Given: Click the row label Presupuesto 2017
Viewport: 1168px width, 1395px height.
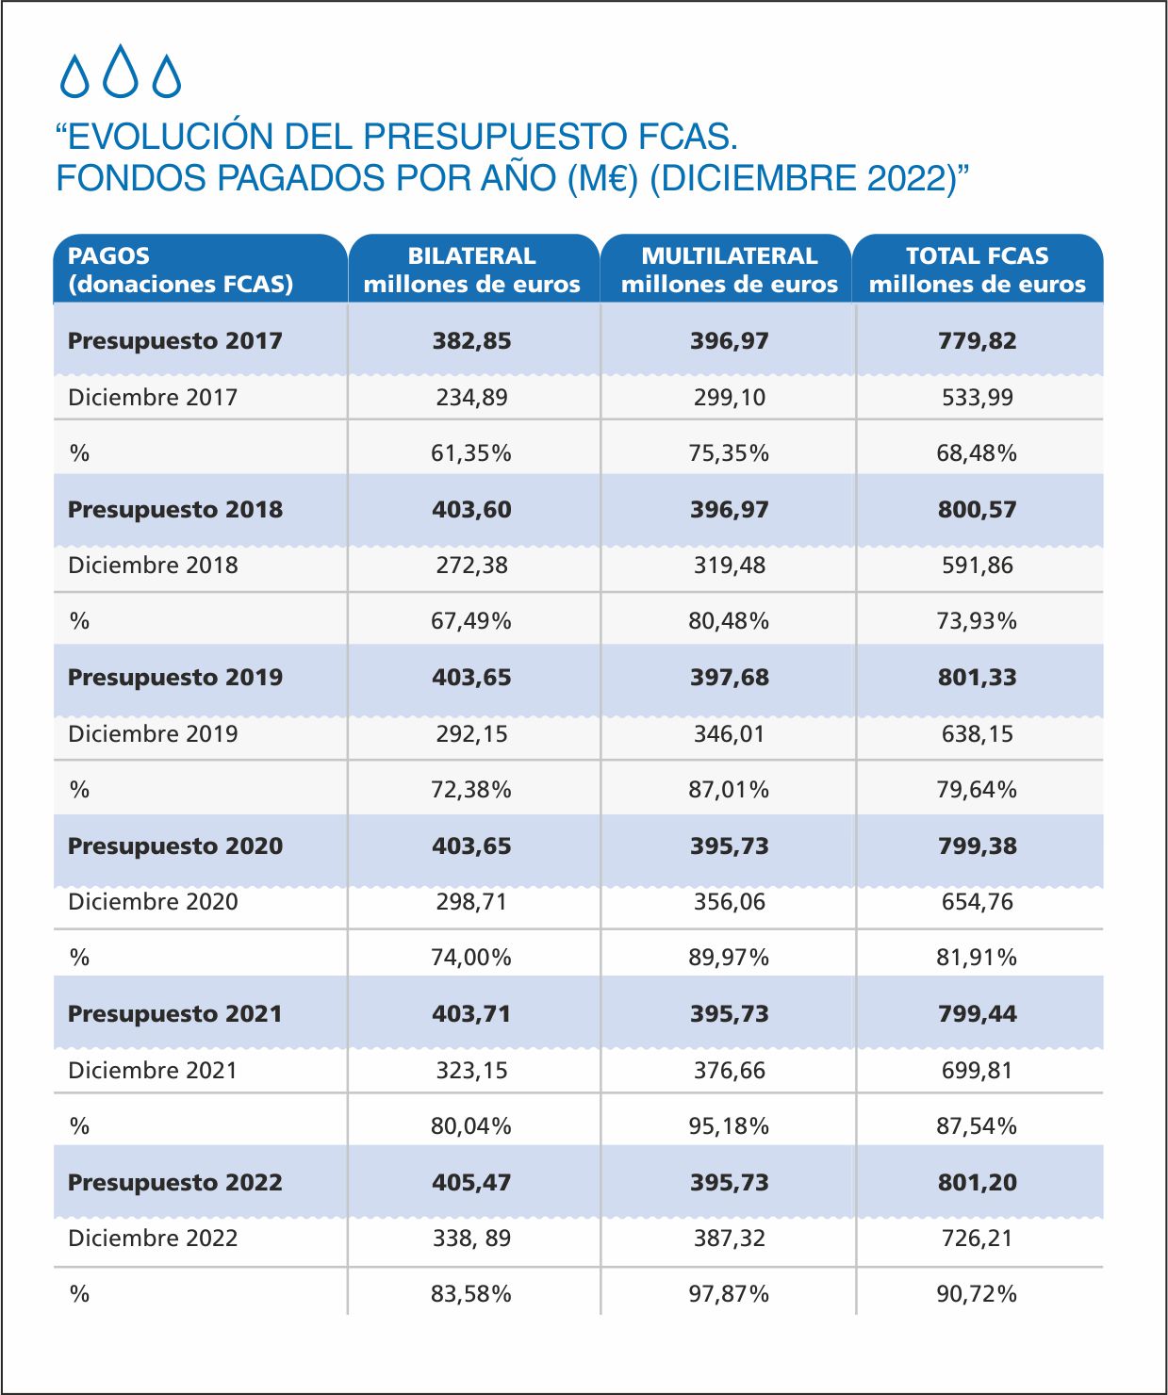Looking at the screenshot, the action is coord(175,340).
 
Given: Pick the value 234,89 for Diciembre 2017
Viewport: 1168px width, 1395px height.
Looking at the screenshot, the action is coord(471,398).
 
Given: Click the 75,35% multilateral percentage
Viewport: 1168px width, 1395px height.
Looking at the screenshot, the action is coord(729,453).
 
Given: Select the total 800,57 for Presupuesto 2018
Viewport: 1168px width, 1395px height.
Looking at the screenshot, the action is coord(977,509).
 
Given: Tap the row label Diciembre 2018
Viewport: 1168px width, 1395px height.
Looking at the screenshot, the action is coord(153,566).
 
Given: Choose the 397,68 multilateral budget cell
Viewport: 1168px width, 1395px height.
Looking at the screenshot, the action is coord(729,678).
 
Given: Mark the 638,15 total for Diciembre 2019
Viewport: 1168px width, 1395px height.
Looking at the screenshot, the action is coord(977,733).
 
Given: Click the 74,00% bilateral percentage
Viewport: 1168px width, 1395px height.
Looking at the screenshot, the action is coord(471,958).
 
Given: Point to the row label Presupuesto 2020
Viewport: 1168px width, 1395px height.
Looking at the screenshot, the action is coord(175,845).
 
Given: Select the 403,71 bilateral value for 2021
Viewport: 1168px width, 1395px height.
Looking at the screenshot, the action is coord(471,1013).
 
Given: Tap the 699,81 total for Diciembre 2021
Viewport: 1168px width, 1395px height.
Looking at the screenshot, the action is coord(977,1071).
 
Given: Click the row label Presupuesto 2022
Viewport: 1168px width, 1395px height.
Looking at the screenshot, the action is coord(175,1182).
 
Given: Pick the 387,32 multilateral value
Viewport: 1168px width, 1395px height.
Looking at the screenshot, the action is coord(729,1238).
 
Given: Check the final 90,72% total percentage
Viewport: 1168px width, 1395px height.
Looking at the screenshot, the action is coord(977,1294).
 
